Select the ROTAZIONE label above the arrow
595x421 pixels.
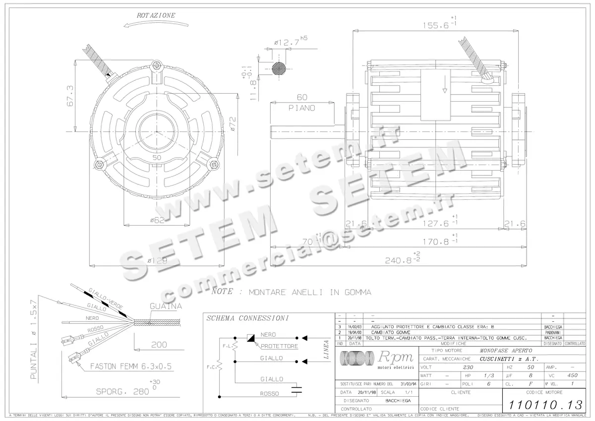tap(156, 16)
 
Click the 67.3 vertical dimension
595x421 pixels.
tap(70, 95)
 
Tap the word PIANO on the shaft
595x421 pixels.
tap(301, 108)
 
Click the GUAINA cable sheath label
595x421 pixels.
tap(166, 306)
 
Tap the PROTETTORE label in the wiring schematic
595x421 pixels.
tap(279, 346)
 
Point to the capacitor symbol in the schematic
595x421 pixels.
tap(297, 389)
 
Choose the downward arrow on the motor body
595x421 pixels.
tap(445, 88)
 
